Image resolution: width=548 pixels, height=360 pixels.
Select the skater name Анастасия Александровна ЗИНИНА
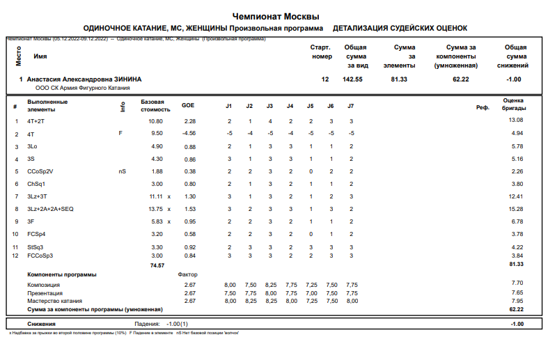(x=84, y=79)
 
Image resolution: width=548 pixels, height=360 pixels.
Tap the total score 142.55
(x=352, y=79)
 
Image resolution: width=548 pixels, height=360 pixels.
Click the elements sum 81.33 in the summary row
(x=399, y=79)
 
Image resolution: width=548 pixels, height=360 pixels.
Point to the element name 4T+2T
(x=36, y=120)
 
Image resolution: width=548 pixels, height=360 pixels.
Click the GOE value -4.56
(x=188, y=133)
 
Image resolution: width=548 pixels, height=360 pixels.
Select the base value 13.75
(x=154, y=209)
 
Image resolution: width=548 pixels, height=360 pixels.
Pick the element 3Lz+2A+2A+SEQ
(x=49, y=209)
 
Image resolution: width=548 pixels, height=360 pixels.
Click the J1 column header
(x=228, y=106)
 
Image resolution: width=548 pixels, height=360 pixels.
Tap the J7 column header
(x=351, y=106)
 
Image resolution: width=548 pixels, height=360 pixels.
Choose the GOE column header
(x=188, y=106)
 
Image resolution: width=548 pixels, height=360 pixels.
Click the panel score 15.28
(x=516, y=209)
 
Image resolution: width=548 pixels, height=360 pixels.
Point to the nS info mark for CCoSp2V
(x=123, y=171)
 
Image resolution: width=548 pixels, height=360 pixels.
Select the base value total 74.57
(x=157, y=265)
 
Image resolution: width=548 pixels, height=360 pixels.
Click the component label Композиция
(x=43, y=284)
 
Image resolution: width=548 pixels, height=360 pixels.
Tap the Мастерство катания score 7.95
(x=517, y=301)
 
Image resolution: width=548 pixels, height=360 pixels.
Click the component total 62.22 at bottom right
(x=516, y=309)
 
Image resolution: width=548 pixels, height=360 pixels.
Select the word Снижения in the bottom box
(x=42, y=324)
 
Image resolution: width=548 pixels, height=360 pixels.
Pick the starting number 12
(x=324, y=79)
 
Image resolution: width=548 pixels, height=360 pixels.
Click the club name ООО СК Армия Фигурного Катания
(x=76, y=88)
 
